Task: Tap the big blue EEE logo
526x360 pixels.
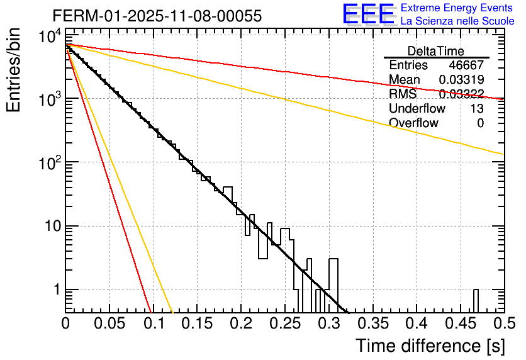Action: click(368, 14)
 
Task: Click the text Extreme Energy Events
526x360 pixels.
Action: click(457, 9)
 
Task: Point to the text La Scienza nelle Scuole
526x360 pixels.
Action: click(457, 21)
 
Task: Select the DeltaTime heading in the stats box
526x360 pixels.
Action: click(436, 51)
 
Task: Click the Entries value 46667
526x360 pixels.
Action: click(466, 65)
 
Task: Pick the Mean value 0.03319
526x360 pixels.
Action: click(461, 80)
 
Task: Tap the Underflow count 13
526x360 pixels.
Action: click(476, 109)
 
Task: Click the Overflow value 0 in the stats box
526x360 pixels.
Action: click(480, 123)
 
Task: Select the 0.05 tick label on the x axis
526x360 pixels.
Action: click(109, 323)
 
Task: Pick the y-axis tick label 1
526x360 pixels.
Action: click(55, 290)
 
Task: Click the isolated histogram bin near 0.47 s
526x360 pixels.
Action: click(476, 300)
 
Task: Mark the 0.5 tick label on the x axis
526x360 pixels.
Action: click(501, 323)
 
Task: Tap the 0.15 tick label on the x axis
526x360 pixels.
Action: click(197, 323)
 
